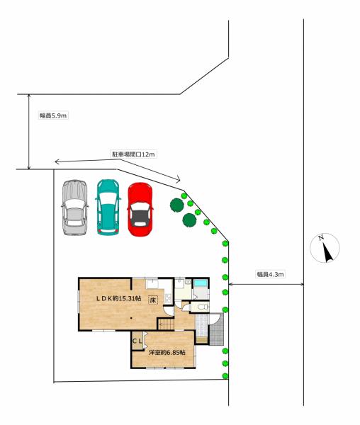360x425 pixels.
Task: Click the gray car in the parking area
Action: pos(75,208)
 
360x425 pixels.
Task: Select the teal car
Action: pos(108,208)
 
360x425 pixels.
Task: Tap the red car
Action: pos(140,210)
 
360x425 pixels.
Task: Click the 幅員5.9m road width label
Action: pos(53,115)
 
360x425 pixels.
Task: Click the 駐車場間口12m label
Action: pos(134,154)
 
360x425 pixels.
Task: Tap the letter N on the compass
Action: pos(321,238)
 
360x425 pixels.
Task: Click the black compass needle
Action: pos(327,252)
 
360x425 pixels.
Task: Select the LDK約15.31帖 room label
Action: pos(118,298)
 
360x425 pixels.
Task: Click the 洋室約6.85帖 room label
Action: pos(167,353)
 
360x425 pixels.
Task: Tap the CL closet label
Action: pos(137,341)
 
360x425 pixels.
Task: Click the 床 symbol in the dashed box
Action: pos(153,300)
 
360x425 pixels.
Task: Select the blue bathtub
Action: pos(201,283)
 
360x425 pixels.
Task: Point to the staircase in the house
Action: pos(166,324)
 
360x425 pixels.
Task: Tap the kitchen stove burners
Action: pos(168,299)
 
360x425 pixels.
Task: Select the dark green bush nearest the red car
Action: pos(176,205)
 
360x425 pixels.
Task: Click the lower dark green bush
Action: pos(189,220)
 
